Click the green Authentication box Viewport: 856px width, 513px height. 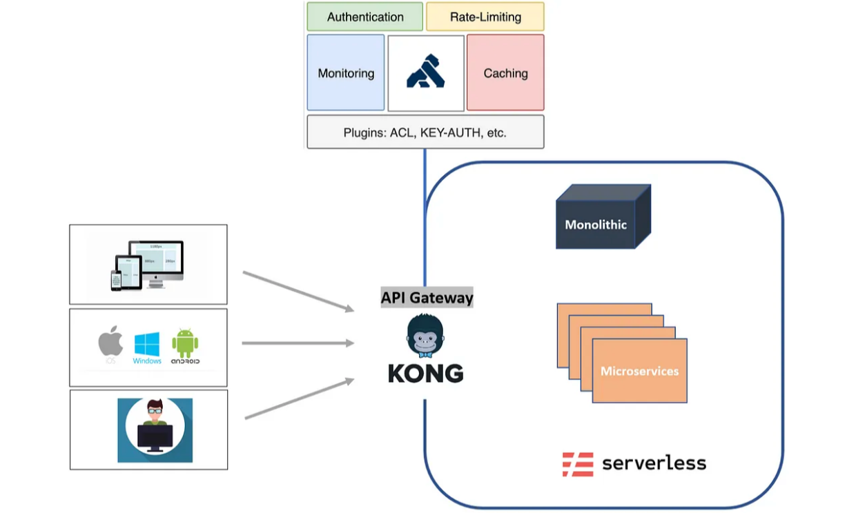364,17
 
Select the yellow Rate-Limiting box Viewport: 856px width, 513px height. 485,17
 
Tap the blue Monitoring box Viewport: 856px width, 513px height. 346,73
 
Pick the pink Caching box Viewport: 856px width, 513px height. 505,73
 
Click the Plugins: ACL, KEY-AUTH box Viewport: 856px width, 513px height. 425,132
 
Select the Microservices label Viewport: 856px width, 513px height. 639,371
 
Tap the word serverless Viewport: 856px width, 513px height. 654,463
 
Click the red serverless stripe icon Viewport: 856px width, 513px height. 578,464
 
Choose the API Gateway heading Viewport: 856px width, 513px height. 427,298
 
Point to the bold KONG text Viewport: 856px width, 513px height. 425,374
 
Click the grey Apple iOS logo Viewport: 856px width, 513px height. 110,343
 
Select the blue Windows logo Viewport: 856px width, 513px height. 147,345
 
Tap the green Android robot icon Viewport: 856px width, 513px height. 185,344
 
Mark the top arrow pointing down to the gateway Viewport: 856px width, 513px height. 298,291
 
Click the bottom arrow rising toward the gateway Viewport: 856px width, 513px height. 300,399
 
